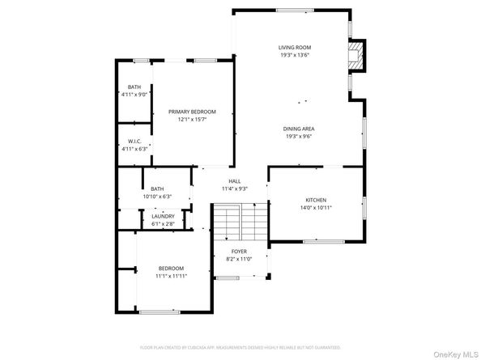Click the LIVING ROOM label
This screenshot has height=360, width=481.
295,48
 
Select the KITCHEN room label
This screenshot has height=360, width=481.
316,199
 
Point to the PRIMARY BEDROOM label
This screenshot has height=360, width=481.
192,112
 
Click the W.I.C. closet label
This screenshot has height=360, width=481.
134,141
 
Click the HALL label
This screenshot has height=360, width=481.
234,181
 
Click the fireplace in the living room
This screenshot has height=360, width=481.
355,57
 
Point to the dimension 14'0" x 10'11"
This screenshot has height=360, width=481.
316,207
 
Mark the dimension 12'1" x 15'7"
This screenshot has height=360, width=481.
192,120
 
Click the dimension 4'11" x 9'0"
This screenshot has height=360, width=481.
134,95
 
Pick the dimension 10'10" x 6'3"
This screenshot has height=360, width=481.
156,197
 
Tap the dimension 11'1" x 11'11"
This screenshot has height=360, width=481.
171,276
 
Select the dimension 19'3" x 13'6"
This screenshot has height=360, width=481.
295,56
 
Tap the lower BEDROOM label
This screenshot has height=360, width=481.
171,268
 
